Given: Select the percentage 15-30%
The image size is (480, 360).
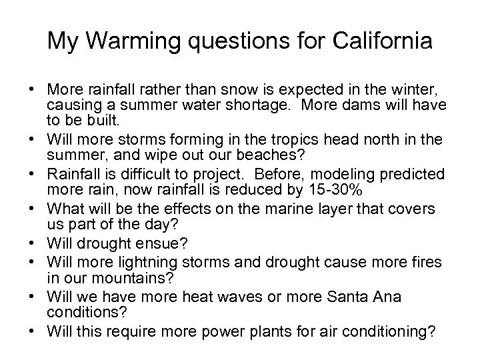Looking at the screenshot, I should pos(329,189).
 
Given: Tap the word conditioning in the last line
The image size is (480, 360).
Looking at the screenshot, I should pos(391,331).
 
